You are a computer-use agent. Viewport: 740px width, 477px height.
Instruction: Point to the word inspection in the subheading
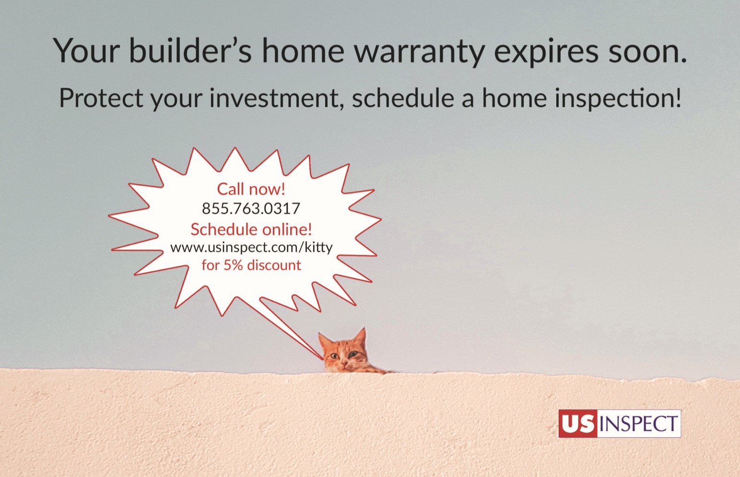(x=618, y=99)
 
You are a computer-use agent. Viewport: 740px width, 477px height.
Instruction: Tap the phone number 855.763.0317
(x=251, y=209)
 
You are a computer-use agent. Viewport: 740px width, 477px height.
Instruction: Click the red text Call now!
(x=251, y=189)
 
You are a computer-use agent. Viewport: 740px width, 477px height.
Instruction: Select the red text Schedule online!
(x=251, y=229)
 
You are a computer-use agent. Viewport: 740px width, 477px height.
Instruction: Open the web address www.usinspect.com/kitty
(x=251, y=248)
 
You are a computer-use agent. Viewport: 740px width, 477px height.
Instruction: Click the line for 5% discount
(x=251, y=265)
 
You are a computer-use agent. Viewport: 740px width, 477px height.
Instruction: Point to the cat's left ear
(x=360, y=337)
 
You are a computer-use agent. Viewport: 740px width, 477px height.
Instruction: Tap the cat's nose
(x=344, y=363)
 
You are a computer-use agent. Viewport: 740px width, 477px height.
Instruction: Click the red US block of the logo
(x=578, y=423)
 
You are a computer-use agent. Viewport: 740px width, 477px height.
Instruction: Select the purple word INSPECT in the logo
(x=639, y=424)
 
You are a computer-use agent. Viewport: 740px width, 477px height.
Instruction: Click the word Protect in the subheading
(x=101, y=98)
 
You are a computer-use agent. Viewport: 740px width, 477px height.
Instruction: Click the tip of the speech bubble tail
(x=323, y=359)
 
